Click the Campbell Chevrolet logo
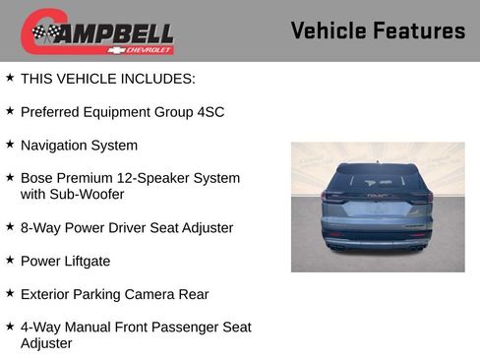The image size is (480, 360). (97, 31)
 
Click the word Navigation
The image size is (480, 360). (55, 146)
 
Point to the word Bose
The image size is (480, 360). (37, 178)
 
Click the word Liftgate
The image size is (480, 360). (86, 262)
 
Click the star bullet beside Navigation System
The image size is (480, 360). (10, 144)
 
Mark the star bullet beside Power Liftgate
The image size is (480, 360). (10, 260)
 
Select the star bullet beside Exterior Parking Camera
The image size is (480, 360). (10, 292)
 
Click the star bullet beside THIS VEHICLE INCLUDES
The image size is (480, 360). (10, 77)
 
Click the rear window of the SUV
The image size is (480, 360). (378, 178)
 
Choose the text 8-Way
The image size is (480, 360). (40, 228)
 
